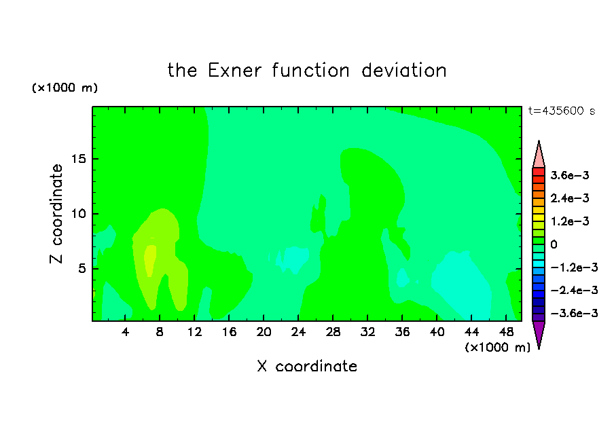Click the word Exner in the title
234,71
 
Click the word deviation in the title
403,71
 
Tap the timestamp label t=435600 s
562,111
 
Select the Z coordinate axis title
56,214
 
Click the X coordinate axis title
307,366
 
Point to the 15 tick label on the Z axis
78,159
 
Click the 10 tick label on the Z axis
78,214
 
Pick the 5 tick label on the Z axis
82,269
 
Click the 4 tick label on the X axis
125,332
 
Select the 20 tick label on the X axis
264,332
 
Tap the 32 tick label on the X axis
367,332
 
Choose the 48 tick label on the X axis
506,332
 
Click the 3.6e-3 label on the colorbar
570,175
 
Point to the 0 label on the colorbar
554,244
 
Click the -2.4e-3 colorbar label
574,290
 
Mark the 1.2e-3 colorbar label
570,221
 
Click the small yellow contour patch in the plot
149,259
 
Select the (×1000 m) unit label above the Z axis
65,88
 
